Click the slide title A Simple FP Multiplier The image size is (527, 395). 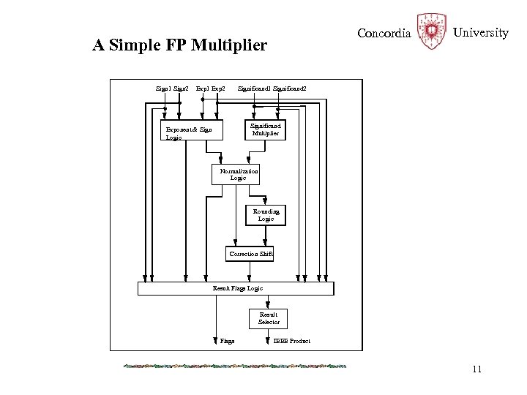click(x=180, y=46)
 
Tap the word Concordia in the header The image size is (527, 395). click(x=384, y=34)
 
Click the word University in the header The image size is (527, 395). click(x=480, y=33)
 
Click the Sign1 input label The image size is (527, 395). click(x=164, y=89)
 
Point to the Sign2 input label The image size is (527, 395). click(x=181, y=89)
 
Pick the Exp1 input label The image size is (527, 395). click(x=202, y=89)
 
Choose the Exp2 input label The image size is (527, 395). click(x=217, y=89)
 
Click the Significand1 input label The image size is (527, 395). click(x=254, y=89)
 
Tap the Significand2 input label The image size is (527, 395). click(x=290, y=89)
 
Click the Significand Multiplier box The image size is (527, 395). click(x=265, y=130)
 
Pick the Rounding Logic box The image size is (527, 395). click(x=266, y=214)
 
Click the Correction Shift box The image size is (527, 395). click(x=250, y=255)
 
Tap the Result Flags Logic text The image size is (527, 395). click(x=237, y=288)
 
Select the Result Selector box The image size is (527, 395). click(x=269, y=318)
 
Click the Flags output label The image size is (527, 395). click(x=227, y=342)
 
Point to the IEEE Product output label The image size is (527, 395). click(x=291, y=342)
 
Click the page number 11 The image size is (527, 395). click(x=476, y=369)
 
